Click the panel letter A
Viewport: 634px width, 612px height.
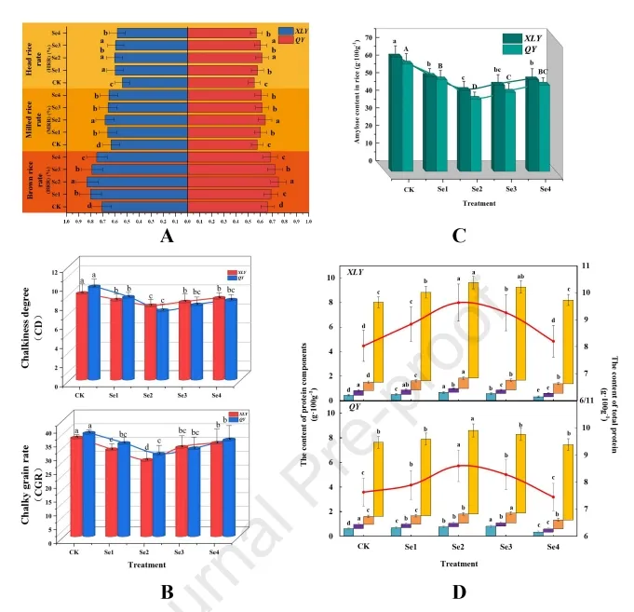coord(167,237)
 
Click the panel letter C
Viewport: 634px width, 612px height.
coord(459,235)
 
